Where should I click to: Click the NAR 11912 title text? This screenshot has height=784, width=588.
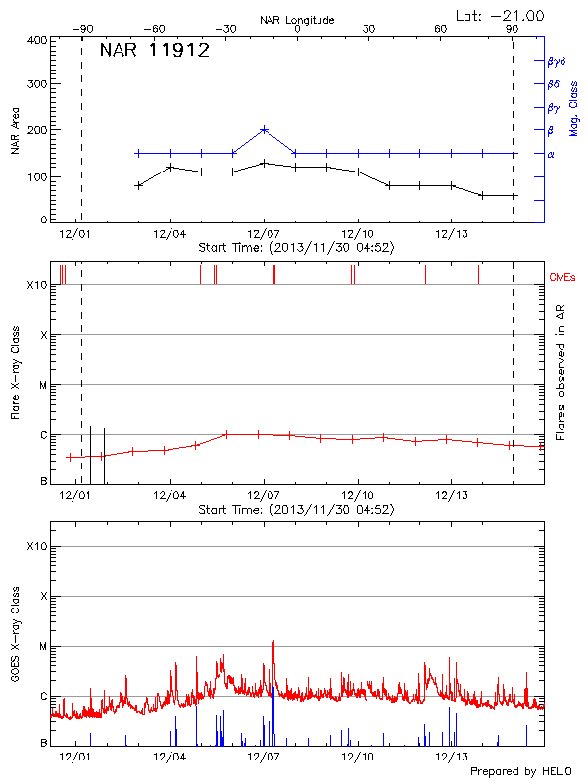click(x=155, y=52)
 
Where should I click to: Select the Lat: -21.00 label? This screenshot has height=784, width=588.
click(x=501, y=15)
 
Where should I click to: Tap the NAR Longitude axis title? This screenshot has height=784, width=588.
click(x=298, y=20)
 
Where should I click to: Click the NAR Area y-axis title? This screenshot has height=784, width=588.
click(x=14, y=130)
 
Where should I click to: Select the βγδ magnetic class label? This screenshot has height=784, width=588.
click(x=558, y=61)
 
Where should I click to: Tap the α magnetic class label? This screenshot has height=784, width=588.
click(x=550, y=154)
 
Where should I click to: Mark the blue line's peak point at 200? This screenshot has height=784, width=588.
click(x=264, y=129)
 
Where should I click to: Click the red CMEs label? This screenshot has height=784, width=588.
click(x=563, y=277)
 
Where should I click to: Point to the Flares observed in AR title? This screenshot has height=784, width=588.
click(x=560, y=371)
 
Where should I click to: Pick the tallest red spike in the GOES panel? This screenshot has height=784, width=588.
click(x=273, y=643)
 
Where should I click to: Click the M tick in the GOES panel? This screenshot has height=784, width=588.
click(x=43, y=647)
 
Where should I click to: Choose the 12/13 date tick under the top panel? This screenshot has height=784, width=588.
click(x=451, y=234)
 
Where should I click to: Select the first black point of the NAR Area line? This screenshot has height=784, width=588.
click(x=139, y=185)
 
